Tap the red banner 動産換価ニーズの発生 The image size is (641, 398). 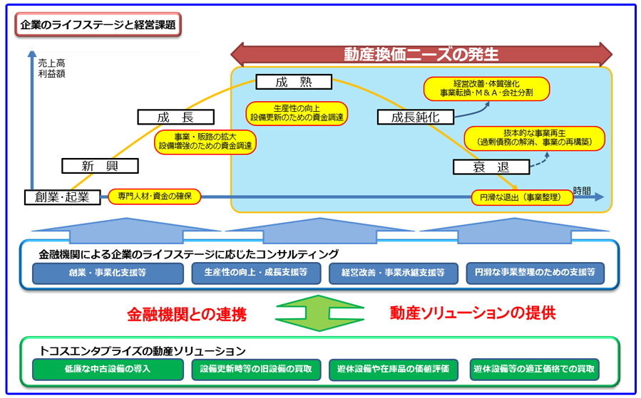click(421, 54)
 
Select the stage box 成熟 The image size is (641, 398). click(294, 82)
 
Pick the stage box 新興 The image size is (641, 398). click(100, 167)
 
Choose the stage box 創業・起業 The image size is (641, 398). click(61, 197)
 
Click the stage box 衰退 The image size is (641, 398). click(491, 167)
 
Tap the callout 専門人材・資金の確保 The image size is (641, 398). click(155, 197)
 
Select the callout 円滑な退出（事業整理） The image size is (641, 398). click(522, 197)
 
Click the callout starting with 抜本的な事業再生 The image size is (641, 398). click(534, 137)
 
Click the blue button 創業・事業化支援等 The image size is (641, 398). click(108, 272)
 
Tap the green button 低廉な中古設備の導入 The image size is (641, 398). click(108, 369)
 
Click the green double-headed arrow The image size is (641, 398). click(320, 313)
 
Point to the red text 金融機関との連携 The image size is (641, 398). click(187, 314)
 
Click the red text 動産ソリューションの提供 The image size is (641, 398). click(473, 313)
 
